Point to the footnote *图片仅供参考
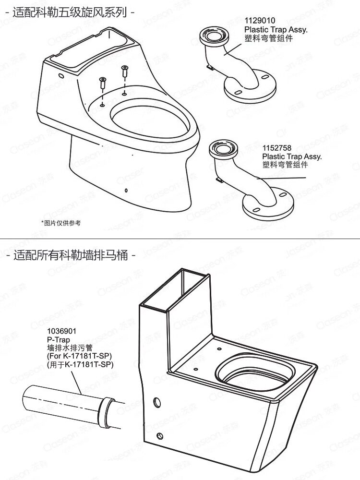click(61, 223)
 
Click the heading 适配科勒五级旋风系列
click(70, 12)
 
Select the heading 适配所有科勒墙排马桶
click(71, 255)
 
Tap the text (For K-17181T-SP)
click(79, 356)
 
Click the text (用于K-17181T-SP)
click(80, 365)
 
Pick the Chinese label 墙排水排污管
click(70, 348)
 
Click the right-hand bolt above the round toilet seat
click(125, 72)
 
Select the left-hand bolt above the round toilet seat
click(103, 84)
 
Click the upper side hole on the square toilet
click(157, 402)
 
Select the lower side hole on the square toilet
click(159, 436)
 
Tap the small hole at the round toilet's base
click(126, 191)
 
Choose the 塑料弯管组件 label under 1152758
click(285, 165)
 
